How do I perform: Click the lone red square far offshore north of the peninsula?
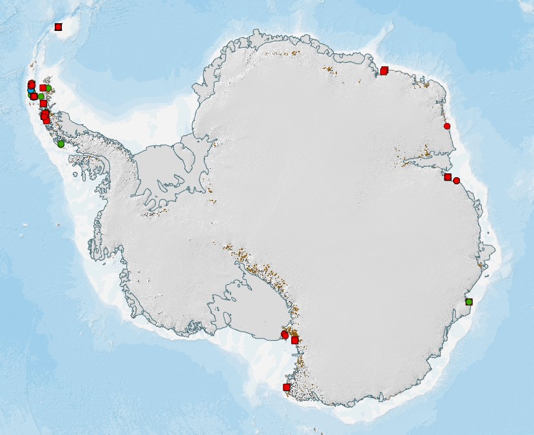click(x=58, y=27)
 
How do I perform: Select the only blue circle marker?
click(x=31, y=91)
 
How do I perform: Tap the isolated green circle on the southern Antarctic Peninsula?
click(x=61, y=144)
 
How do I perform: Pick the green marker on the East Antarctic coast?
click(x=469, y=302)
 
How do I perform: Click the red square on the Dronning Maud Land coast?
click(x=384, y=71)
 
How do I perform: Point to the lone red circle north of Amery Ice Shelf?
click(x=447, y=126)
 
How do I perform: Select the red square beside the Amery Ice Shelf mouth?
click(x=448, y=177)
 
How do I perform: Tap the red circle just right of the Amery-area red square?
click(x=457, y=181)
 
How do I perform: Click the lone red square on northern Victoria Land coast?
click(x=287, y=387)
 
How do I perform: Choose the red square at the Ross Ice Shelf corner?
click(x=295, y=340)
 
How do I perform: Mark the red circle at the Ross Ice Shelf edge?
click(x=285, y=334)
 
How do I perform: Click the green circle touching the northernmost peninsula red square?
click(x=48, y=88)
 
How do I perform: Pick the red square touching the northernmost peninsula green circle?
click(x=43, y=88)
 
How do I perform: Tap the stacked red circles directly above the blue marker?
click(x=31, y=84)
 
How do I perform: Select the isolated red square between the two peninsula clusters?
click(x=43, y=103)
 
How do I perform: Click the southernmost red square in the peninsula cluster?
click(x=46, y=121)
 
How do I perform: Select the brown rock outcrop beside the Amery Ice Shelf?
click(x=425, y=155)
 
